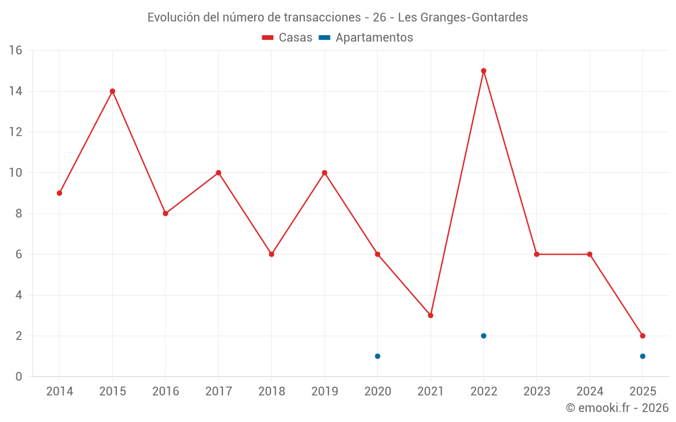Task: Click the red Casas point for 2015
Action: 112,91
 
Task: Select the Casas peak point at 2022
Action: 483,71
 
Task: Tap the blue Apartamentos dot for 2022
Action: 483,336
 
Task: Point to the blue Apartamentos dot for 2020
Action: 377,356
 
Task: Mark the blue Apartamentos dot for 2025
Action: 642,356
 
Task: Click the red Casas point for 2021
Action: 431,315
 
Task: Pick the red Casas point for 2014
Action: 59,193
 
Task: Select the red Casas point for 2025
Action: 642,336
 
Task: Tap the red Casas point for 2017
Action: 218,173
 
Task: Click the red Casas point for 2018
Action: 271,255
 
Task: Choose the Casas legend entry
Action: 287,38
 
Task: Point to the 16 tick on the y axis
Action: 16,51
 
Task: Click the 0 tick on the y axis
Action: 19,377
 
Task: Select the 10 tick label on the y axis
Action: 16,173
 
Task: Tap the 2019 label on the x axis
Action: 324,392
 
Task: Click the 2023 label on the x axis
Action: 537,392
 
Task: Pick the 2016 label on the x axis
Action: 166,392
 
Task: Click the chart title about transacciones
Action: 337,18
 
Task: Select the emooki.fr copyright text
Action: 617,408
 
